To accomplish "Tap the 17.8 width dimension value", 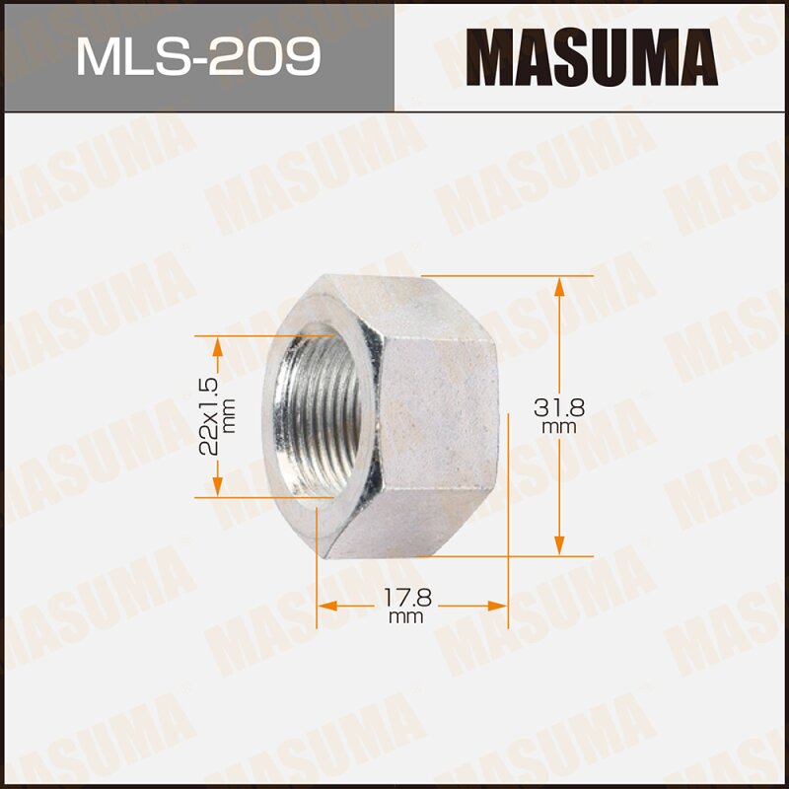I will pyautogui.click(x=404, y=597).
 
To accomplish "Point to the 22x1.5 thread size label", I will pyautogui.click(x=207, y=414).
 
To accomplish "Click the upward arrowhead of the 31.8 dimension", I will pyautogui.click(x=559, y=286).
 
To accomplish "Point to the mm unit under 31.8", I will pyautogui.click(x=558, y=428).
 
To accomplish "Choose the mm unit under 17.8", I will pyautogui.click(x=405, y=617).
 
